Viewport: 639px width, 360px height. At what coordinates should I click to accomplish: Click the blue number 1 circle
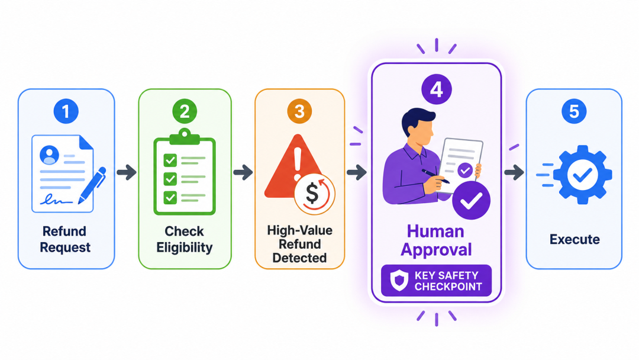(x=66, y=111)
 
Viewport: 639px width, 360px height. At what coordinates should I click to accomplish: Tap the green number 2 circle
(x=185, y=111)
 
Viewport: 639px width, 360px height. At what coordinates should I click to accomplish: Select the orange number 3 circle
(x=299, y=111)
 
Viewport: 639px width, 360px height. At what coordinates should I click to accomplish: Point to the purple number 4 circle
(x=437, y=89)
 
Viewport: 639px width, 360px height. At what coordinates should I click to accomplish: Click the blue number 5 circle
(x=574, y=111)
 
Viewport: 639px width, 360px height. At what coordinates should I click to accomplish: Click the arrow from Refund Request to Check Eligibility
(x=127, y=172)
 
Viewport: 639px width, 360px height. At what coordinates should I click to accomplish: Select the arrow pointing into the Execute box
(x=514, y=172)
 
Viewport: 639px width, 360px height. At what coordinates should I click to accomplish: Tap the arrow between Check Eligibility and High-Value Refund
(x=243, y=172)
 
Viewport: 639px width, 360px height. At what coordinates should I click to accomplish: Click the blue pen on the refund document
(x=92, y=185)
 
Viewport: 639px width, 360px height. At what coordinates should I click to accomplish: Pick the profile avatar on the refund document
(x=49, y=155)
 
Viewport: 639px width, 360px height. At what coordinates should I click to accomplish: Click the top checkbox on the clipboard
(x=170, y=160)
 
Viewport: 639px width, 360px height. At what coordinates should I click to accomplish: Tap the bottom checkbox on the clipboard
(x=170, y=198)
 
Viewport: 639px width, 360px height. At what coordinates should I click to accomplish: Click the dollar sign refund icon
(x=314, y=195)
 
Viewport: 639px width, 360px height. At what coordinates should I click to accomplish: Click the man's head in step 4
(x=417, y=124)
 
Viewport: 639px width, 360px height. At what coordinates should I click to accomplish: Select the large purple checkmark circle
(x=471, y=200)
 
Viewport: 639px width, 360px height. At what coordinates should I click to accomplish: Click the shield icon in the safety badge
(x=399, y=281)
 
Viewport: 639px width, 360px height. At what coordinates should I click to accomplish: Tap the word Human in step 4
(x=435, y=232)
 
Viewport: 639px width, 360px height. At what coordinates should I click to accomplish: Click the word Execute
(x=575, y=239)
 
